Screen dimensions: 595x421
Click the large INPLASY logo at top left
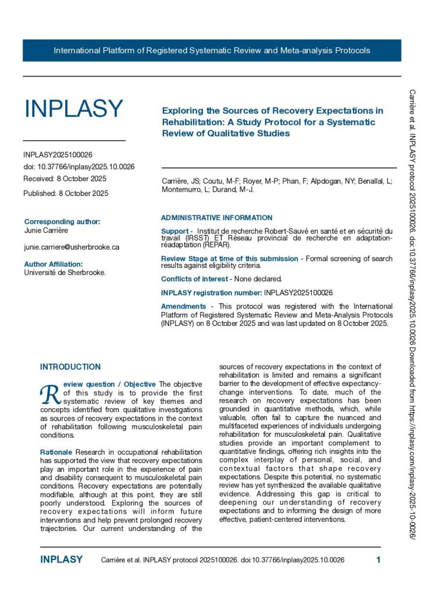tap(73, 109)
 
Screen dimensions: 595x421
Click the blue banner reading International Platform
tap(212, 51)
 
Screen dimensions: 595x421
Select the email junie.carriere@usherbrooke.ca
tap(72, 247)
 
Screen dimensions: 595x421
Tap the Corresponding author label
tap(62, 221)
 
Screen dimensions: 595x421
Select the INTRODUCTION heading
tap(70, 367)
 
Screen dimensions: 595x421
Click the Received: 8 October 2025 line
tap(65, 178)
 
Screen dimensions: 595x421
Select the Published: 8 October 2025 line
tap(66, 193)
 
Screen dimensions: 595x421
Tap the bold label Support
tap(176, 231)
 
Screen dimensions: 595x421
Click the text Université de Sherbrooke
tap(65, 272)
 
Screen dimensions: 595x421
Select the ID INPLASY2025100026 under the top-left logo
tap(58, 155)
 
